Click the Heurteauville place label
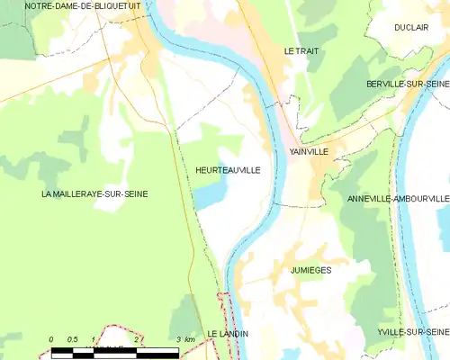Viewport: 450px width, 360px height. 228,169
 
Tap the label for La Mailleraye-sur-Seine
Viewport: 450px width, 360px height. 94,193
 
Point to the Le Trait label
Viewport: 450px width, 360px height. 301,51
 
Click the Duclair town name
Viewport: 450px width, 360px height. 410,28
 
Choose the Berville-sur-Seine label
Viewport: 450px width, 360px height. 408,84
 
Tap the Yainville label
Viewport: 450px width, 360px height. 309,152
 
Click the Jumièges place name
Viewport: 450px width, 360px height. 311,270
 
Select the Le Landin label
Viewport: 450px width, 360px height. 228,334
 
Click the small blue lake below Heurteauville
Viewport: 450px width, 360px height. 211,194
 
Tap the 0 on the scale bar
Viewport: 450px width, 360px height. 51,338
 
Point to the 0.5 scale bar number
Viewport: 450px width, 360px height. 73,338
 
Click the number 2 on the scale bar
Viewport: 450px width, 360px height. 136,338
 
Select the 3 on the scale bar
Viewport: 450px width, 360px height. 179,338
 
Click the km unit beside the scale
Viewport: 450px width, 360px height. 191,338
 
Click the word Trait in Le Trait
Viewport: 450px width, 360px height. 308,51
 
